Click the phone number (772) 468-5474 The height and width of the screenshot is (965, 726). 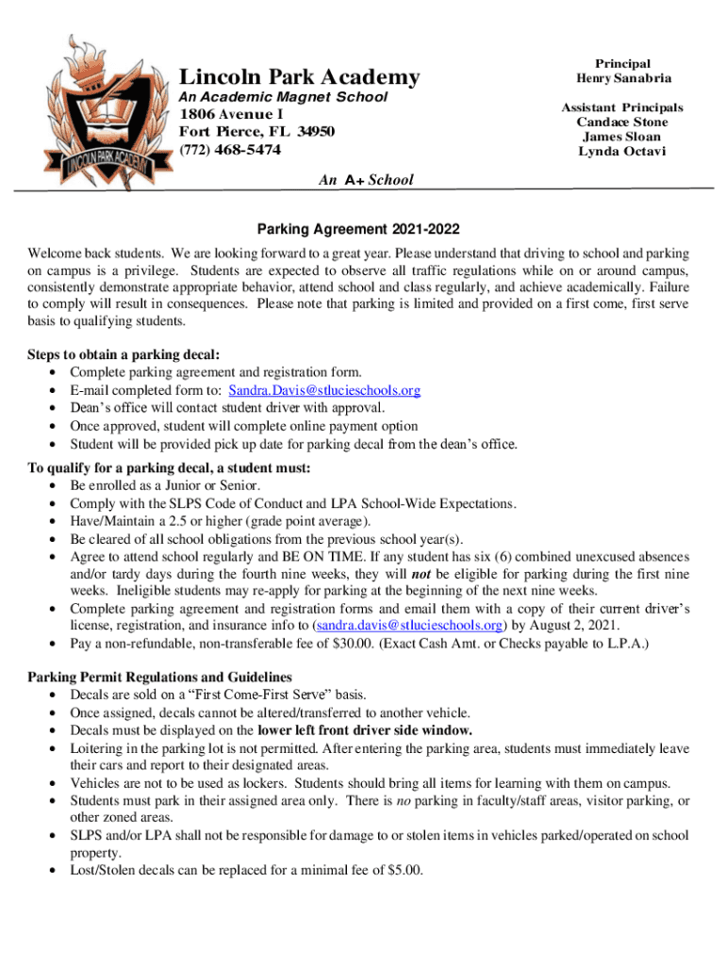(x=230, y=150)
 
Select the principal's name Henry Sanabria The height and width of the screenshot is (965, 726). (x=624, y=78)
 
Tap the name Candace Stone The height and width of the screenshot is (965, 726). (x=622, y=123)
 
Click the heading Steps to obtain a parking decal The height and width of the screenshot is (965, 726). (x=124, y=355)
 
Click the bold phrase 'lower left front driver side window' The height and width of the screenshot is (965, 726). (x=365, y=730)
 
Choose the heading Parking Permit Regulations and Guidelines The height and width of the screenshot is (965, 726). (x=159, y=678)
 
